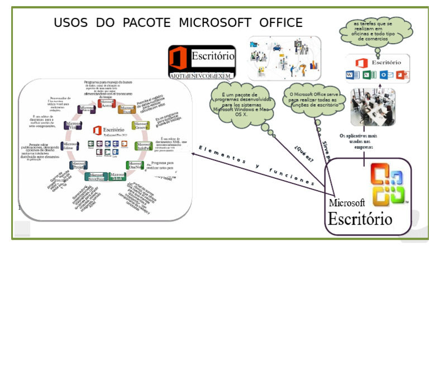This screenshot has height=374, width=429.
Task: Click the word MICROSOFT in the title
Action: click(214, 23)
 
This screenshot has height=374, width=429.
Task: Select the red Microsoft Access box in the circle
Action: click(106, 103)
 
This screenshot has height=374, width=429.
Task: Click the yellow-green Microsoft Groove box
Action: click(140, 125)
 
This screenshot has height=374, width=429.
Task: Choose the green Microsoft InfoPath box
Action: click(144, 146)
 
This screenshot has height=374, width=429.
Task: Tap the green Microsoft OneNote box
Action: click(135, 165)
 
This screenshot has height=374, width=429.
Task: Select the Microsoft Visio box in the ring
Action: click(73, 125)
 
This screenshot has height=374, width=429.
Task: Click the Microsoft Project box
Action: click(78, 165)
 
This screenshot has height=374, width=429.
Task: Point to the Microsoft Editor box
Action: click(69, 146)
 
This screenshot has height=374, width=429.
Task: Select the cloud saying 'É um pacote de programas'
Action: click(242, 105)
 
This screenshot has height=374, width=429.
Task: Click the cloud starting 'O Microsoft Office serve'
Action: click(313, 100)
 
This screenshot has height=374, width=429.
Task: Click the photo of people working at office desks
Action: click(372, 107)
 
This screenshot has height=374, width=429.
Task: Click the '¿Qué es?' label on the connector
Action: click(304, 154)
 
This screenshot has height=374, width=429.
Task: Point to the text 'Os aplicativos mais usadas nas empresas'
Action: click(359, 141)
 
